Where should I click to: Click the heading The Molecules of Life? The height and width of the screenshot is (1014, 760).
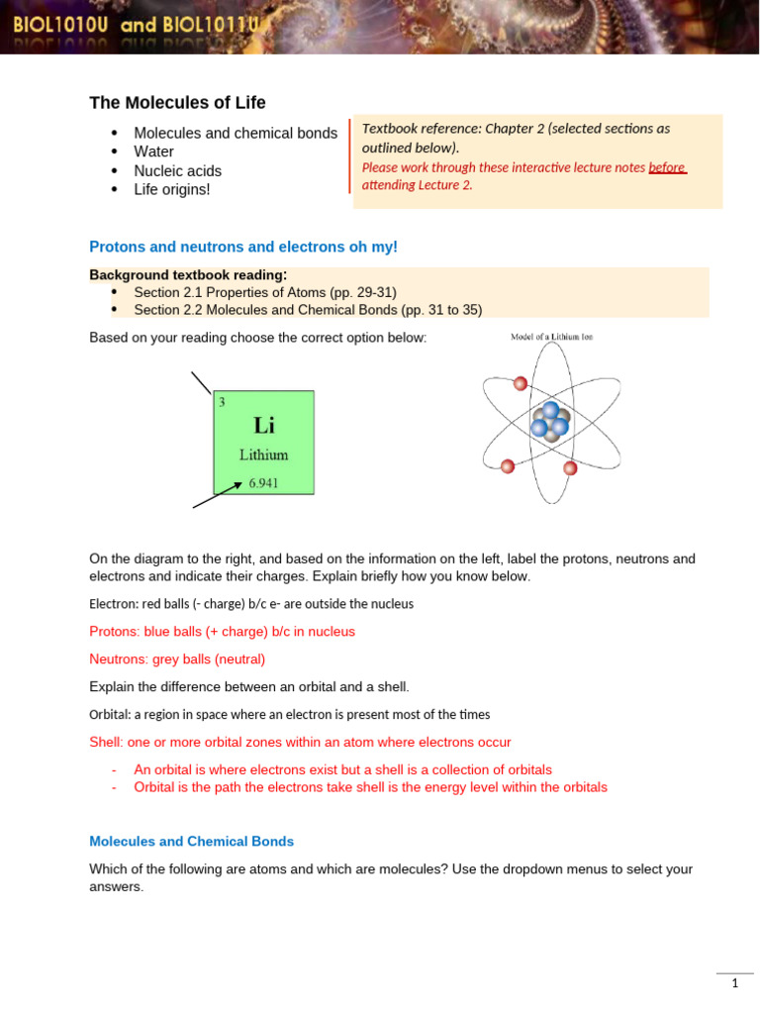(177, 103)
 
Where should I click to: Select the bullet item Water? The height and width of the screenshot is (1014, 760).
(153, 152)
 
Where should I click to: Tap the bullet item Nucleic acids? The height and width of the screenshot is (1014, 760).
(177, 170)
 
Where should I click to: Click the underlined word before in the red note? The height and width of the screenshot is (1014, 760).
(666, 167)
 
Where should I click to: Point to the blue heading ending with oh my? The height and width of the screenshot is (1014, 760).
(243, 247)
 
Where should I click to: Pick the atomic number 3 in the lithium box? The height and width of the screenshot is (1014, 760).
(222, 402)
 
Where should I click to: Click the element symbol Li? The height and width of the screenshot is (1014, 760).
(264, 426)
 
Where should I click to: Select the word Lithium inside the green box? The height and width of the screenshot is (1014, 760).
(264, 456)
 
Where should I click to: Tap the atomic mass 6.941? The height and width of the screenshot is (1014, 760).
(264, 483)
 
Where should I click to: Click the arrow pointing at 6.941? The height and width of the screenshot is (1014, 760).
(218, 495)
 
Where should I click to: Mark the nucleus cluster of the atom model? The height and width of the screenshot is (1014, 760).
(549, 420)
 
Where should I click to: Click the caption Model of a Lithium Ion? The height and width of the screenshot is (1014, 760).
(551, 338)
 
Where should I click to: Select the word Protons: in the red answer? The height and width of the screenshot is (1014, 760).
(116, 632)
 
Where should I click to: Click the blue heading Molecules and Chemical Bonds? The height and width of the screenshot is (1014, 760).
(191, 842)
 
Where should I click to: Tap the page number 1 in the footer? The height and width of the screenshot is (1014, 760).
(735, 983)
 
